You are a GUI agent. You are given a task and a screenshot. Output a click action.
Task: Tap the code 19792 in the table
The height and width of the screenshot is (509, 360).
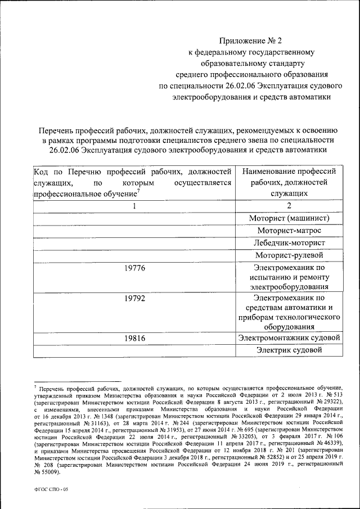point(134,298)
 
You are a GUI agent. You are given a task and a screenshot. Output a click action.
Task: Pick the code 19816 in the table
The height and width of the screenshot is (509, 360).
point(134,338)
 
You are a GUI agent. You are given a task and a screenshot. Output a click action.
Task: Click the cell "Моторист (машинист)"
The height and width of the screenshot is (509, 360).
point(289,218)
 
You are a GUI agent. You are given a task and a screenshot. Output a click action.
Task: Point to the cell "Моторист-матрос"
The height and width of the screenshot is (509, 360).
point(289,230)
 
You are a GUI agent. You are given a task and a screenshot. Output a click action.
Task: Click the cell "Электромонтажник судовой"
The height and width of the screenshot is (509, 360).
point(289,338)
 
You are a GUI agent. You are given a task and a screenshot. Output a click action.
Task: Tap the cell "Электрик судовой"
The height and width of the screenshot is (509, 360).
point(289,350)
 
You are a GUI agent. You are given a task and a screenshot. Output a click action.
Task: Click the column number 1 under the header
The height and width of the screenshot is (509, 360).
point(134,205)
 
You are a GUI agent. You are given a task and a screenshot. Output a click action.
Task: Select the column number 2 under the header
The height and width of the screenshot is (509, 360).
point(289,205)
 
